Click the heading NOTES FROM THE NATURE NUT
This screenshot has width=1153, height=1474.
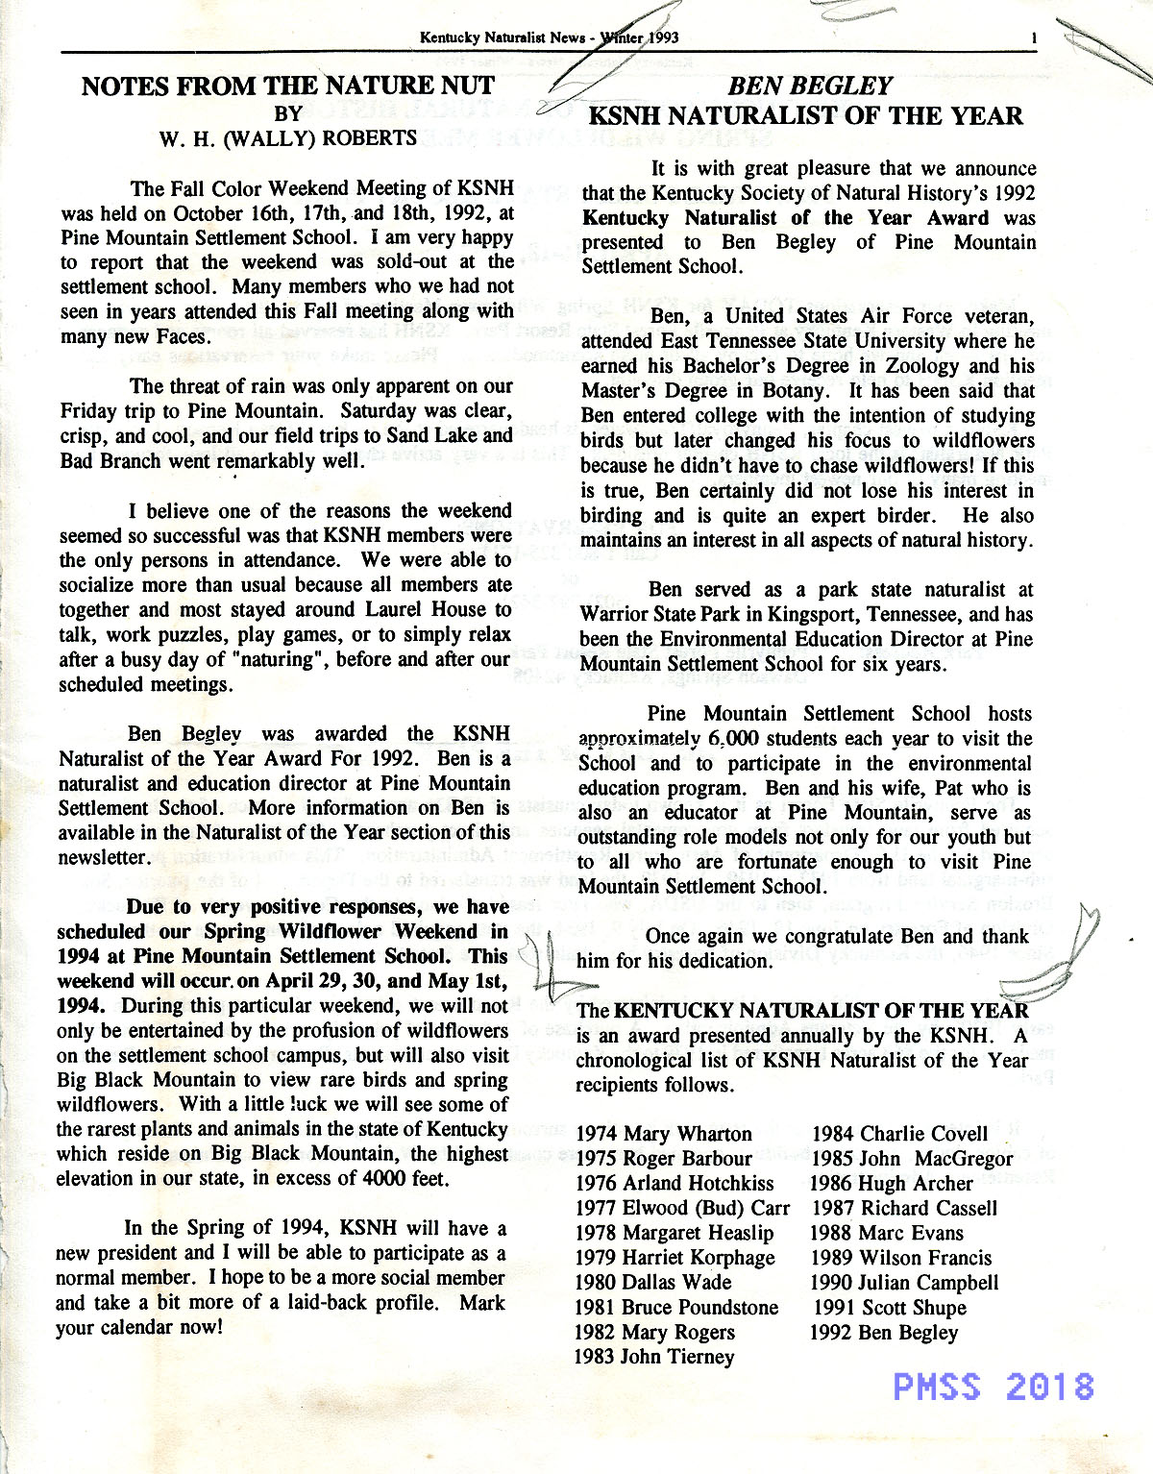[288, 86]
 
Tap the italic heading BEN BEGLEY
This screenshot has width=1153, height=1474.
[810, 86]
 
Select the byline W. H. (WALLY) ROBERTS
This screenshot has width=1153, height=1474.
[288, 137]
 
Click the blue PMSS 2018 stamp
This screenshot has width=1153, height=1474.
[994, 1386]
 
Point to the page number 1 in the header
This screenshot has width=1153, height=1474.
[1032, 39]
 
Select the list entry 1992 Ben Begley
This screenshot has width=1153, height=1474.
[884, 1333]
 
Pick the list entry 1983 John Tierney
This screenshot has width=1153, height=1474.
[654, 1357]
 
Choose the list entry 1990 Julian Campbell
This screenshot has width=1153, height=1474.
[904, 1283]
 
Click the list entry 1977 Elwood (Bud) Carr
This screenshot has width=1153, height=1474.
[682, 1209]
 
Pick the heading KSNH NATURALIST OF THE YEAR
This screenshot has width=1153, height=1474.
[805, 117]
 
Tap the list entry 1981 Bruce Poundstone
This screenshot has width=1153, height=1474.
[676, 1308]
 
